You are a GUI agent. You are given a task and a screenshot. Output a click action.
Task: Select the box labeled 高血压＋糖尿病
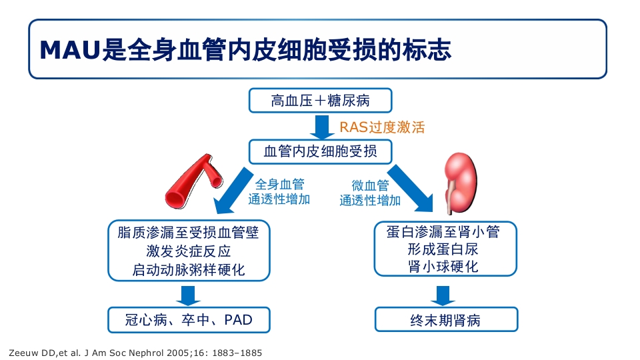[x=320, y=101]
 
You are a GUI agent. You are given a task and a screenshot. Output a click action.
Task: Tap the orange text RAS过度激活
[x=382, y=127]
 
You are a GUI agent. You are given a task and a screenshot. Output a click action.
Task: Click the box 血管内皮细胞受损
[x=320, y=151]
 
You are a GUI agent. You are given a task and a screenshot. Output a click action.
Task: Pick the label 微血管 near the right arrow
[x=370, y=185]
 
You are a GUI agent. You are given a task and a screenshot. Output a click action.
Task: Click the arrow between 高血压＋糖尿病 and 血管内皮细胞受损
[x=321, y=126]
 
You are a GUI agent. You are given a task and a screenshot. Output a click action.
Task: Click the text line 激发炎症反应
[x=189, y=251]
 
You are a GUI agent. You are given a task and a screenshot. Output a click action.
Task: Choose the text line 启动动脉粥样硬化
[x=189, y=270]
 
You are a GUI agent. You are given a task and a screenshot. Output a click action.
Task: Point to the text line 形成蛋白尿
[x=445, y=249]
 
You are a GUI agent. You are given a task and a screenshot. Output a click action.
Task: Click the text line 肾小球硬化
[x=445, y=267]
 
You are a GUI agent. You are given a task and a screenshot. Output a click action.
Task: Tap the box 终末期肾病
[x=445, y=320]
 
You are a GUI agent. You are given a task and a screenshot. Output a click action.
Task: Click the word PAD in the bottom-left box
[x=238, y=320]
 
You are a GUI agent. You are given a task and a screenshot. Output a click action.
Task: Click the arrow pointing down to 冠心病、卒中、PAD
[x=189, y=295]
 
